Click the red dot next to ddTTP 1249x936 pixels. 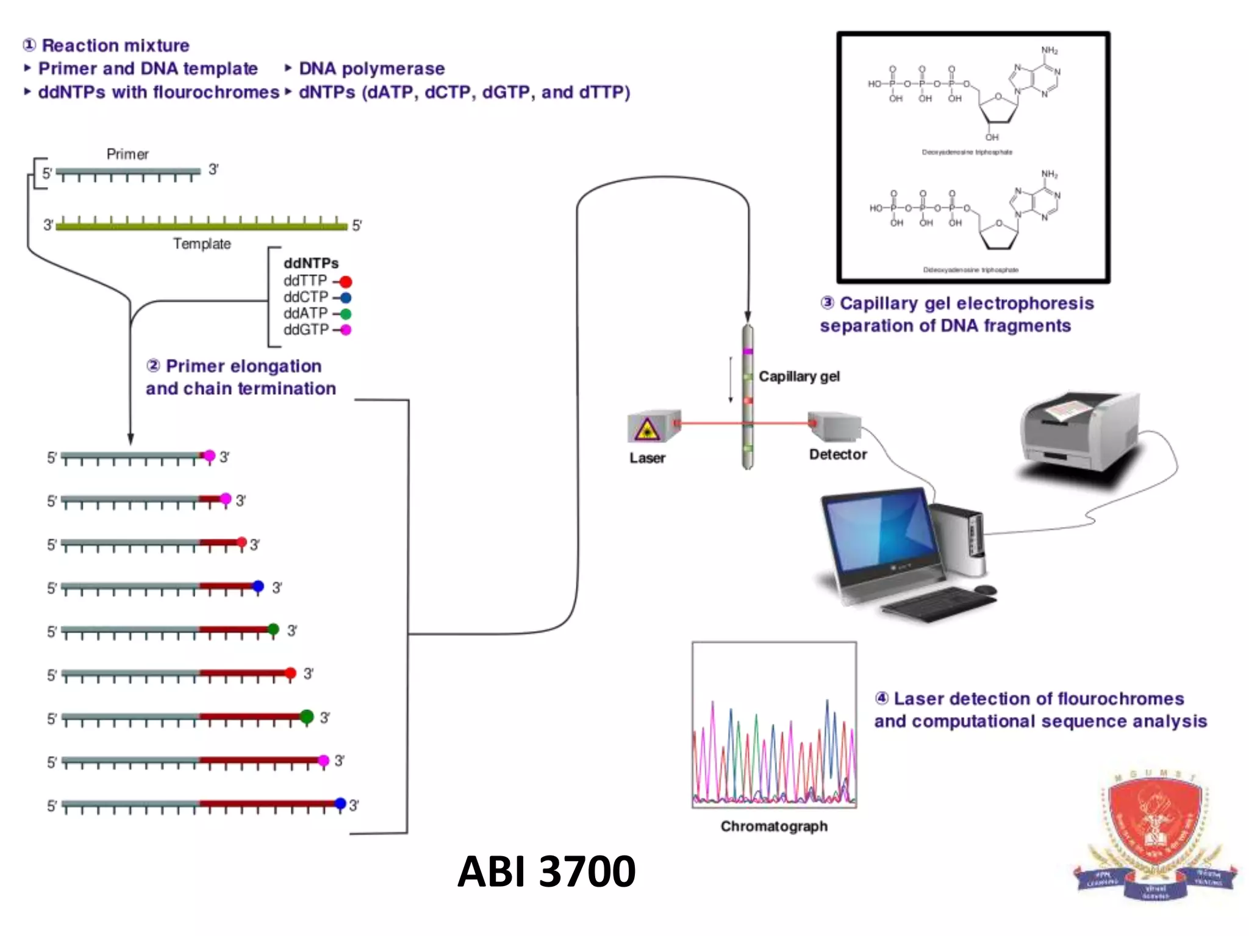point(346,282)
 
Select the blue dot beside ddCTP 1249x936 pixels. point(345,298)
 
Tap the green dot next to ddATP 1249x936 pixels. point(345,314)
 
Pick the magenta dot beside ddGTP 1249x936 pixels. point(345,330)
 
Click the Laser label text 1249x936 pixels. point(647,458)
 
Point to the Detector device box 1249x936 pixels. point(835,426)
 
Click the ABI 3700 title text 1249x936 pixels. point(546,871)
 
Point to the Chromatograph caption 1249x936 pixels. point(773,826)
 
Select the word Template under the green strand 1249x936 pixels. point(202,244)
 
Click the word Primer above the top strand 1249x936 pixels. point(127,154)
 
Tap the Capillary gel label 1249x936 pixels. point(799,377)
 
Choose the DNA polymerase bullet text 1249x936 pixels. point(371,69)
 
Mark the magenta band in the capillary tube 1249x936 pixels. point(748,352)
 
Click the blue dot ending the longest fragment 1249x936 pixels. point(340,804)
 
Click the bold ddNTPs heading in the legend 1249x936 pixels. point(311,263)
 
